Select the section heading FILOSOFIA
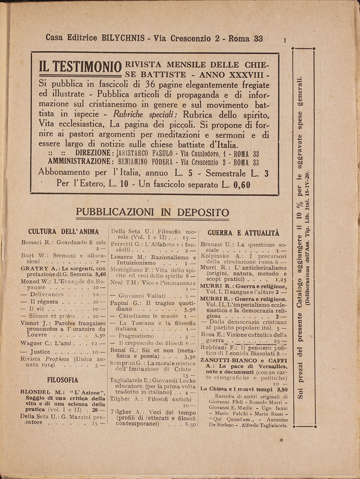click(x=63, y=379)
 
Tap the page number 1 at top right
click(x=284, y=40)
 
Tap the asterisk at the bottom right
click(x=281, y=440)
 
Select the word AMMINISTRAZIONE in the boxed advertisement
click(x=80, y=162)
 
